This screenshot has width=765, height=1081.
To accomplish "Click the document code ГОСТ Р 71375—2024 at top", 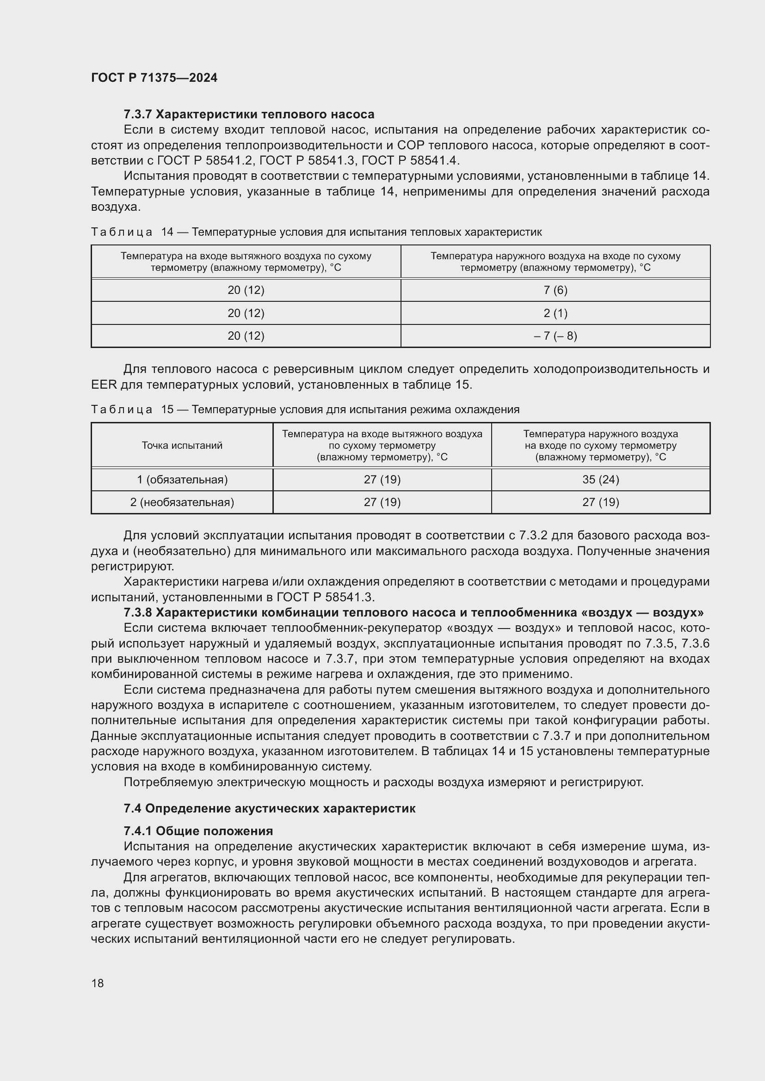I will click(x=154, y=78).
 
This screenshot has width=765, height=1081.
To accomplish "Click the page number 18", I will click(x=98, y=983).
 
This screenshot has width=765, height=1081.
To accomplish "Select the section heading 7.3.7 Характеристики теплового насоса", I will click(x=249, y=115).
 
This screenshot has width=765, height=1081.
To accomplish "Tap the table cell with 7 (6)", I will click(x=555, y=290).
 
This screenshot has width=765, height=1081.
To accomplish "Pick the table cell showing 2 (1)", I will click(x=555, y=313).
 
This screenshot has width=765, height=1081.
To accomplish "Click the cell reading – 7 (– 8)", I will click(x=555, y=336).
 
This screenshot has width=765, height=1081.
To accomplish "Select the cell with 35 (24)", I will click(x=601, y=479).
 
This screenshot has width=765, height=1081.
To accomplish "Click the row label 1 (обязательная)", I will click(x=182, y=479).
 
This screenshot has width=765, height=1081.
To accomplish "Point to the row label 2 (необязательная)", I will click(x=182, y=502).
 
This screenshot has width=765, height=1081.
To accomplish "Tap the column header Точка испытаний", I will click(x=182, y=446).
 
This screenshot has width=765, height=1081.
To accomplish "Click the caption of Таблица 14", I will click(x=316, y=232).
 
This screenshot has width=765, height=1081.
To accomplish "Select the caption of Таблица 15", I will click(x=305, y=409).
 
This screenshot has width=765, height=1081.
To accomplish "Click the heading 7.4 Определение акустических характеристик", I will click(x=270, y=808).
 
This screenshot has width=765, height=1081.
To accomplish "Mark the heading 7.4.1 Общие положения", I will click(x=198, y=831).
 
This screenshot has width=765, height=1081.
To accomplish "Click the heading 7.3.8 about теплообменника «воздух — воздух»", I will click(x=413, y=612).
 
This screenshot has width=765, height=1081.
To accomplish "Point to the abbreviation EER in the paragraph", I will click(x=104, y=385).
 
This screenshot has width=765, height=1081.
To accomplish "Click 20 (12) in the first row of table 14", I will click(x=246, y=290).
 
